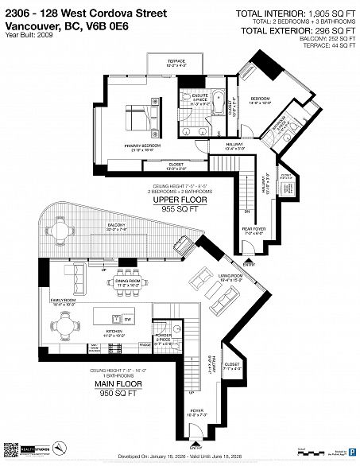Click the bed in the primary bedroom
pos(136,118)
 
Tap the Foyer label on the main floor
pos(195,413)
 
